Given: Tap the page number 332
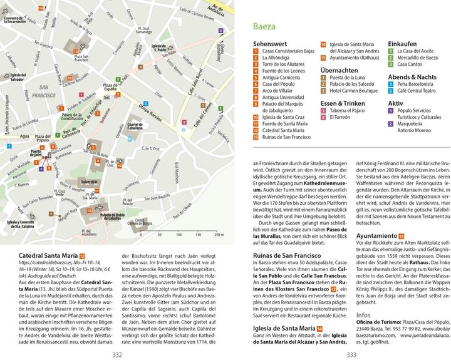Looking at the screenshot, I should pos(117,354).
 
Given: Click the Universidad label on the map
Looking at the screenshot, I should pos(90,182).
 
